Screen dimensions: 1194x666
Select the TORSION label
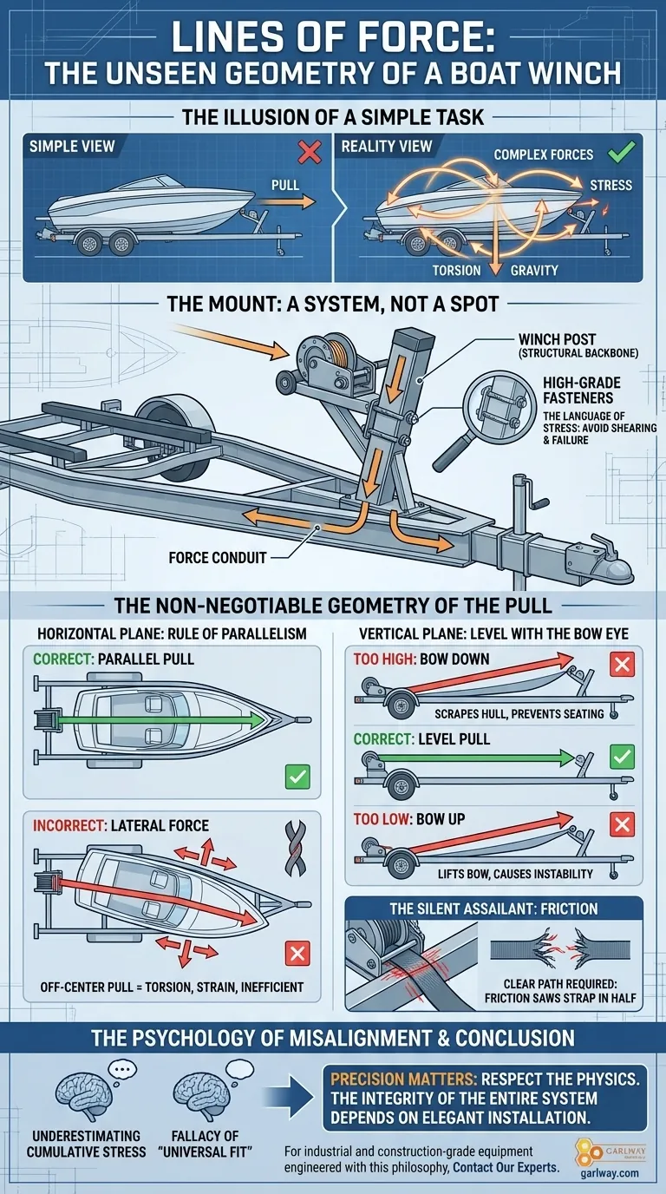coord(456,270)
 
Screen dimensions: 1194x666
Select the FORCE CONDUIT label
coord(217,557)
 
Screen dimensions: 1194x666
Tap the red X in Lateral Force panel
coord(297,954)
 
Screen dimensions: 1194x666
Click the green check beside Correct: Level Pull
coord(622,757)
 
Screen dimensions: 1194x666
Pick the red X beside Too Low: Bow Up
coord(622,823)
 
